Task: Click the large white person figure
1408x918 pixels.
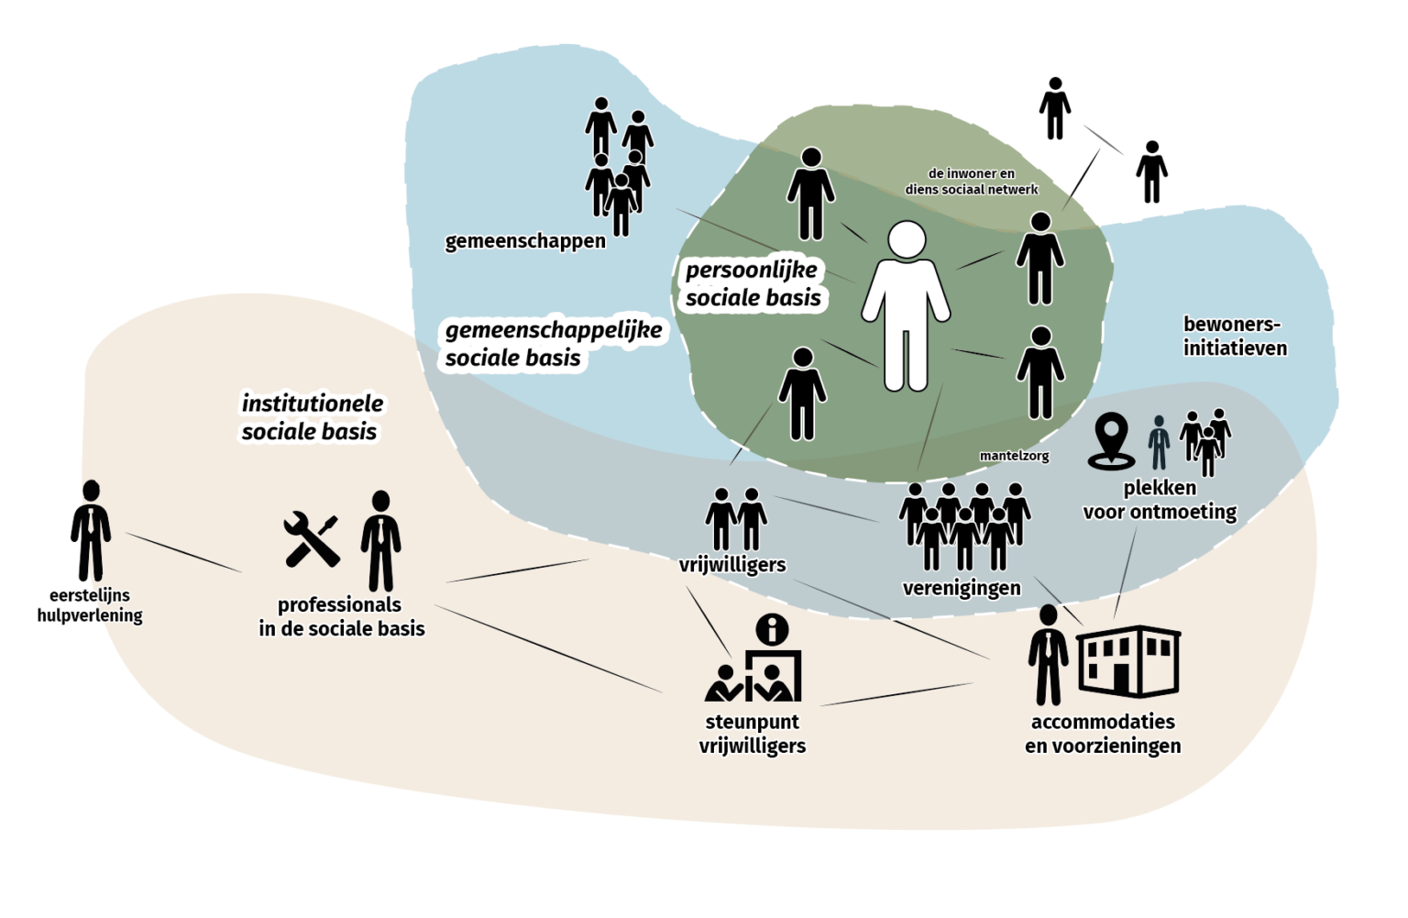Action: coord(906,307)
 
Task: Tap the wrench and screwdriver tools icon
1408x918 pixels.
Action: coord(312,539)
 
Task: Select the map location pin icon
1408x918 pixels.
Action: coord(1111,440)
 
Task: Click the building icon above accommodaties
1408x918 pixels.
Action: coord(1128,661)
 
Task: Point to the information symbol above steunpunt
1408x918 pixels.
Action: coord(773,630)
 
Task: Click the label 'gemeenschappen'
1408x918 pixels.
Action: coord(525,241)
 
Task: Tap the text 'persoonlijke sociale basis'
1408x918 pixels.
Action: coord(753,283)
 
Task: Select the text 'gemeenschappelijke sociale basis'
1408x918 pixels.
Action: coord(553,344)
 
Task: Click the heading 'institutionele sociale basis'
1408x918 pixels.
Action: coord(312,417)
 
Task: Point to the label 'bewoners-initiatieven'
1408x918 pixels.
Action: coord(1234,337)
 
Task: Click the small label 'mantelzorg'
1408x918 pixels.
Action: coord(1014,456)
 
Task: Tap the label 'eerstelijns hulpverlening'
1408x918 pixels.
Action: coord(90,605)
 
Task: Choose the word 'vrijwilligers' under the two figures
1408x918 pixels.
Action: coord(732,565)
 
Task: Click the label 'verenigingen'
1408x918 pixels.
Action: coord(962,589)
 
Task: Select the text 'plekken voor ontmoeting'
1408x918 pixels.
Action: coord(1160,500)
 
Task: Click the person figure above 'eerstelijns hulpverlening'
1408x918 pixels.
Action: coord(91,530)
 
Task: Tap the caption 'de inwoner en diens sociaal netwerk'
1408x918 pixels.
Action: coord(972,182)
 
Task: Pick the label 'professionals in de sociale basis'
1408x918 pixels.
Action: coord(341,616)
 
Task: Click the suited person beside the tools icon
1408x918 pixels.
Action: coord(380,541)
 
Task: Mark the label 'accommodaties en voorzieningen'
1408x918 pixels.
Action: coord(1103,734)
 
